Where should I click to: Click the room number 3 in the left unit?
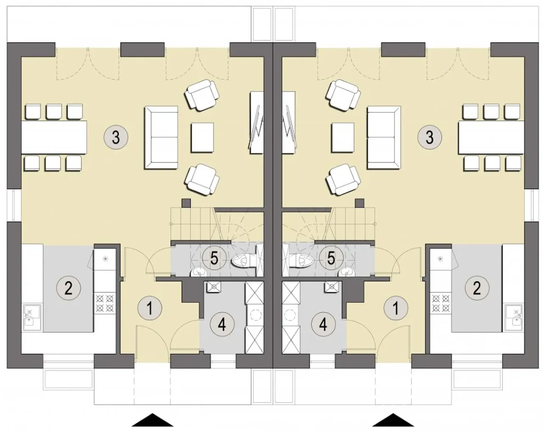pyautogui.click(x=116, y=137)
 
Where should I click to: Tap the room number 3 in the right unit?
pyautogui.click(x=429, y=137)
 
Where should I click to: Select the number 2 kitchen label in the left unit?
pyautogui.click(x=69, y=288)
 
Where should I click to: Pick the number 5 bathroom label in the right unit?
pyautogui.click(x=331, y=258)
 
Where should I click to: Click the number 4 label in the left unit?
pyautogui.click(x=222, y=325)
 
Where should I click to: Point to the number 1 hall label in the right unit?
pyautogui.click(x=396, y=308)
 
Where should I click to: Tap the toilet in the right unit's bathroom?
pyautogui.click(x=302, y=260)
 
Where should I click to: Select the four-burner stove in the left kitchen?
pyautogui.click(x=105, y=303)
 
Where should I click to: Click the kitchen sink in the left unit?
pyautogui.click(x=32, y=317)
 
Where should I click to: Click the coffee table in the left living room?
pyautogui.click(x=202, y=137)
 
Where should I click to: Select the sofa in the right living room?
pyautogui.click(x=384, y=137)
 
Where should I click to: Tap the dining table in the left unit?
pyautogui.click(x=54, y=137)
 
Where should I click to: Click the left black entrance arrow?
pyautogui.click(x=152, y=419)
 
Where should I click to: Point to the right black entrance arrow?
pyautogui.click(x=393, y=419)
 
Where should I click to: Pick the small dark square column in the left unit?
pyautogui.click(x=186, y=203)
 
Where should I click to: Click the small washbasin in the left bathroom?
pyautogui.click(x=199, y=272)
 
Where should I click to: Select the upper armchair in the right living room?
pyautogui.click(x=343, y=95)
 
